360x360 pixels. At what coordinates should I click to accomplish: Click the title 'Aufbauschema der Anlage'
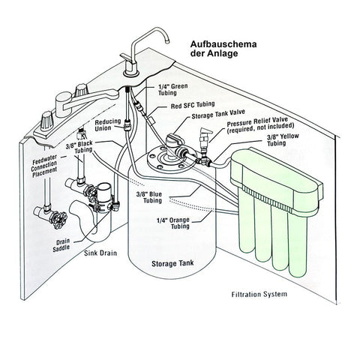[x=223, y=49]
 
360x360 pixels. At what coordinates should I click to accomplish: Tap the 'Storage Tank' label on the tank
[x=172, y=263]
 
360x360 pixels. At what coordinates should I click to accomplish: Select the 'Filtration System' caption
[x=259, y=294]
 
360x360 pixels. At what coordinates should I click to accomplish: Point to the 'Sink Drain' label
[x=100, y=253]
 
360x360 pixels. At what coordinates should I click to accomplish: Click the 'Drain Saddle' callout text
[x=61, y=245]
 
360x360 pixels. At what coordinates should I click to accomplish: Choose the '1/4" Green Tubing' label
[x=172, y=89]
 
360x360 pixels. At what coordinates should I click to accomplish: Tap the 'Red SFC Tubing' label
[x=193, y=105]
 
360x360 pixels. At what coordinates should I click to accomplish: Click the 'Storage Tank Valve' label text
[x=218, y=114]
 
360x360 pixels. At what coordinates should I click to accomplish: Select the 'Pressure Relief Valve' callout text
[x=260, y=126]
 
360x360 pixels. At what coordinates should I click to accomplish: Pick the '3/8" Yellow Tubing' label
[x=283, y=140]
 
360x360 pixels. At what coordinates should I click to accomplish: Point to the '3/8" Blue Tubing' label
[x=149, y=197]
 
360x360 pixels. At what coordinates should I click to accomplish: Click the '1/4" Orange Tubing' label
[x=173, y=223]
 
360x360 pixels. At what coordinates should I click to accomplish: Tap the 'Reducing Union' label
[x=108, y=125]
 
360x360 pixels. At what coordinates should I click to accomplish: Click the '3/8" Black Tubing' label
[x=79, y=147]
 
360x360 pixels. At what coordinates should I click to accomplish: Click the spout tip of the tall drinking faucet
[x=167, y=41]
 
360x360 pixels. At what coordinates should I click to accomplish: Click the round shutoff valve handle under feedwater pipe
[x=59, y=220]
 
